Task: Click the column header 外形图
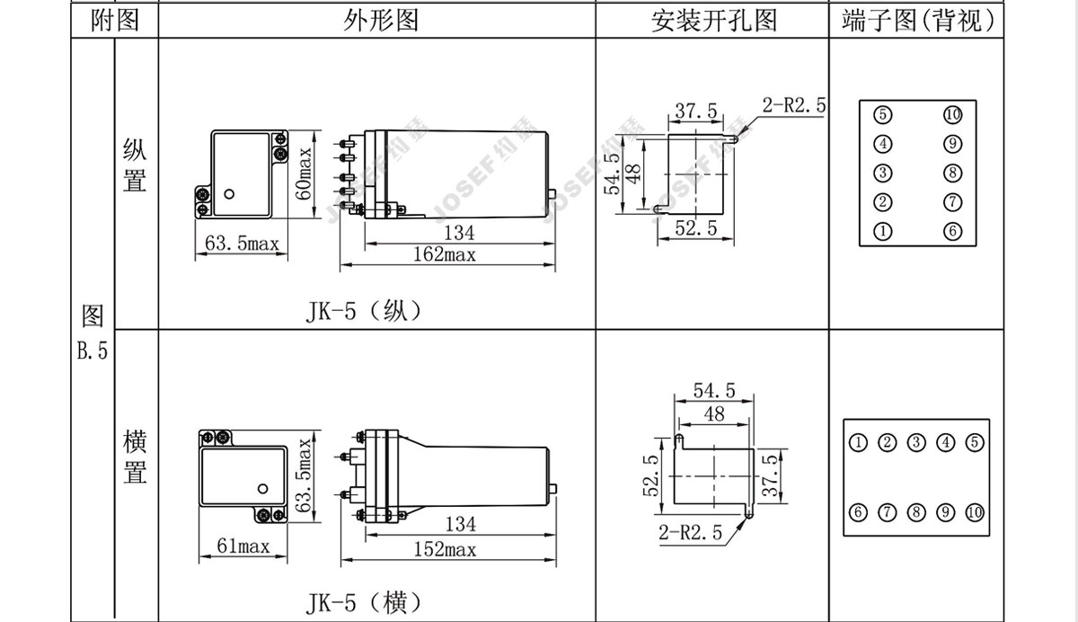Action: point(381,21)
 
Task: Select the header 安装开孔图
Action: point(713,21)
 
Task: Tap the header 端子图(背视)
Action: point(919,21)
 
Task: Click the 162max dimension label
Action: point(446,254)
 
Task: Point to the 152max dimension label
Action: point(446,549)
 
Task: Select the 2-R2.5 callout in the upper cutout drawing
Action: point(794,105)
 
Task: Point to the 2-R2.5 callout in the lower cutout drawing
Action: point(690,532)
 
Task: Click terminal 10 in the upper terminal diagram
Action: point(953,115)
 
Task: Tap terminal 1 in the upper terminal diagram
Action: point(884,231)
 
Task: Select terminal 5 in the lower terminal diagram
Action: point(975,442)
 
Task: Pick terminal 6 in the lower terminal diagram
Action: point(859,513)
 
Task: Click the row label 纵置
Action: point(135,165)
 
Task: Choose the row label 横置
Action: point(135,458)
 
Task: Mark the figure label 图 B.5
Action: point(92,333)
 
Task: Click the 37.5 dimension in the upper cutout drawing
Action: point(696,111)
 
